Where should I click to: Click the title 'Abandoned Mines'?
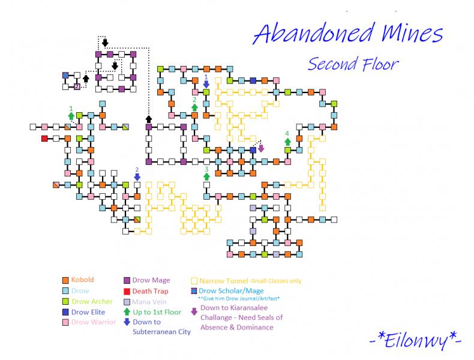point(348,33)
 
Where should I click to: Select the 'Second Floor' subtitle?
point(353,64)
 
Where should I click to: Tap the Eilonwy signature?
point(415,340)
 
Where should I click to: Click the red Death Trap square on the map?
point(44,139)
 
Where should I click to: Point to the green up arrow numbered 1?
point(71,116)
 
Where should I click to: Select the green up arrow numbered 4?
point(287,142)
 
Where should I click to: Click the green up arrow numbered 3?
point(206,176)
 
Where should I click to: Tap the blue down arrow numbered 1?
point(206,84)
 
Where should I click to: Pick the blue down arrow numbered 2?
point(137,177)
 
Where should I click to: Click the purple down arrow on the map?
point(261,148)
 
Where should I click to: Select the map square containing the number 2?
point(77,87)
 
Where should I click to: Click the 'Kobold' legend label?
point(83,280)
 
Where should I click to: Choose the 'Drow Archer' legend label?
point(92,301)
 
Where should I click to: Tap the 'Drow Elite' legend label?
point(88,312)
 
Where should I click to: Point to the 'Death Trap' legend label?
point(150,291)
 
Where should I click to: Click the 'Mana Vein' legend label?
point(149,302)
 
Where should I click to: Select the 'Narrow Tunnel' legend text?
point(224,281)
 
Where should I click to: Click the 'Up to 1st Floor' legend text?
point(157,312)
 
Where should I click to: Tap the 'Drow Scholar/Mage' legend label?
point(231,291)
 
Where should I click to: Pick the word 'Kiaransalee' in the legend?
point(249,308)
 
